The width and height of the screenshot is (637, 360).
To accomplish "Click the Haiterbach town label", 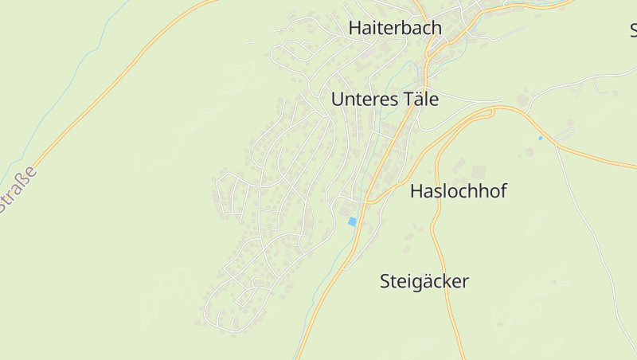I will pos(395,28).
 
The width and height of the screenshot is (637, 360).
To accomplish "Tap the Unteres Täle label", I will pos(385,100).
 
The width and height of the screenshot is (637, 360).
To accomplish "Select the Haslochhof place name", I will pos(458,191).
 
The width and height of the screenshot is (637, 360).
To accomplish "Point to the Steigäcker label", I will pos(424,281).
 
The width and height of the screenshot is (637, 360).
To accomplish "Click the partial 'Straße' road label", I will pos(18,190).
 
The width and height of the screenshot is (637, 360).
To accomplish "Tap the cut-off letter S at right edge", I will pos(633,31).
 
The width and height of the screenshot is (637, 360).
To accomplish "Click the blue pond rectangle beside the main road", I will pos(352,222).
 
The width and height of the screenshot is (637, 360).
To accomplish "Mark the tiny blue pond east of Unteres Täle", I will pos(541,138).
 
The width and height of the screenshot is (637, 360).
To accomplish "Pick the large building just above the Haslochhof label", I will pos(478,172).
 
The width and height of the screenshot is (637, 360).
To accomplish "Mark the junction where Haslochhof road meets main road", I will pos(369,202).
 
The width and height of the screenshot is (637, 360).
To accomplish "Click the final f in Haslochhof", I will pos(502,191).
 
